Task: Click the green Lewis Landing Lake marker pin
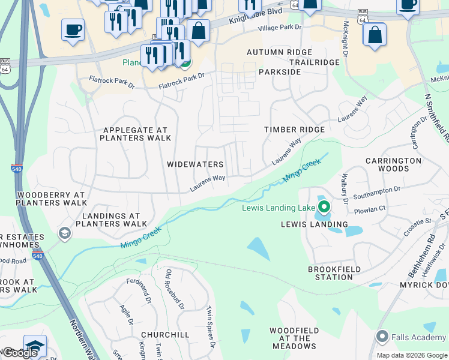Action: coord(324,208)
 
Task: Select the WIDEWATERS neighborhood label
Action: coord(195,164)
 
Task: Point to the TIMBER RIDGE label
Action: coord(294,130)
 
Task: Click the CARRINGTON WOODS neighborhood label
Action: coord(393,165)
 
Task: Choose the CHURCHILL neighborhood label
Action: coord(165,334)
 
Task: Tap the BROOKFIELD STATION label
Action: coord(330,274)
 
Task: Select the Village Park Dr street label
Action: coord(279,28)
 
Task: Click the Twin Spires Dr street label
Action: coord(210,327)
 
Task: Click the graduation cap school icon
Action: coord(35,346)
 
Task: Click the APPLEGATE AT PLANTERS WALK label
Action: coord(133,134)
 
